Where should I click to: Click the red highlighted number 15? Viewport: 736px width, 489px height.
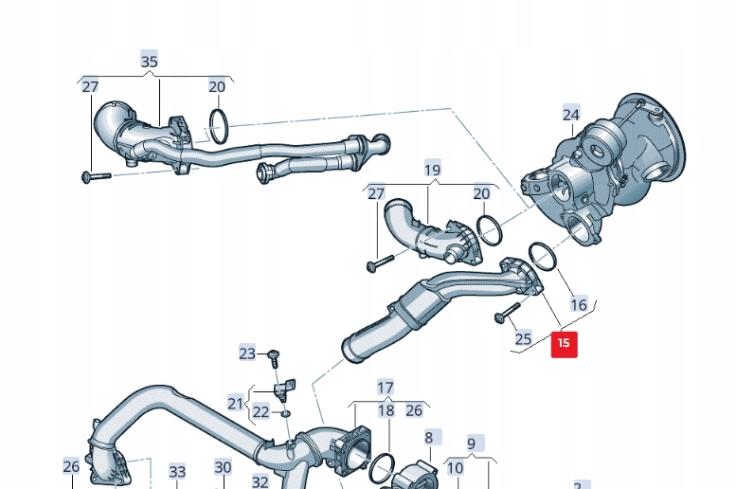pos(564,343)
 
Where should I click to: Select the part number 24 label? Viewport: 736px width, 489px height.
pos(570,115)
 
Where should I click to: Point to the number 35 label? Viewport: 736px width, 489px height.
pos(150,62)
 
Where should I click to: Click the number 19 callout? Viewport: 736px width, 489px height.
pos(432,171)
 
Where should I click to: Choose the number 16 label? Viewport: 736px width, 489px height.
pos(578,305)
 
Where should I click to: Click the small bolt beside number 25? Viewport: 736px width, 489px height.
pos(507,313)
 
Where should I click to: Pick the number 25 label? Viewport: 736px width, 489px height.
pos(523,338)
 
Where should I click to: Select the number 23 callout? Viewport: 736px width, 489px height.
pos(247,353)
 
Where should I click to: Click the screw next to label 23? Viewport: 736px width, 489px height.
pos(273,356)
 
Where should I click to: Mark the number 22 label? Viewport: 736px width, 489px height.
pos(260,412)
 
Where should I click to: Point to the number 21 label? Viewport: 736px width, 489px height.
pos(236,403)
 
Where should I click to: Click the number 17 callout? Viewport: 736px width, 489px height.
pos(385,388)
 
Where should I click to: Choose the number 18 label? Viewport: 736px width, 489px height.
pos(386,410)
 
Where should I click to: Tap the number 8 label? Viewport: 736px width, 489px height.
pos(428,438)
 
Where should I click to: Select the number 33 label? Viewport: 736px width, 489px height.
pos(177,471)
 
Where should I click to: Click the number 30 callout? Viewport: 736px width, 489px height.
pos(223,467)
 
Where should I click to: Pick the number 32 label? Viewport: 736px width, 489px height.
pos(260,481)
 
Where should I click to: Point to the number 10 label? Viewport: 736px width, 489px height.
pos(455,467)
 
